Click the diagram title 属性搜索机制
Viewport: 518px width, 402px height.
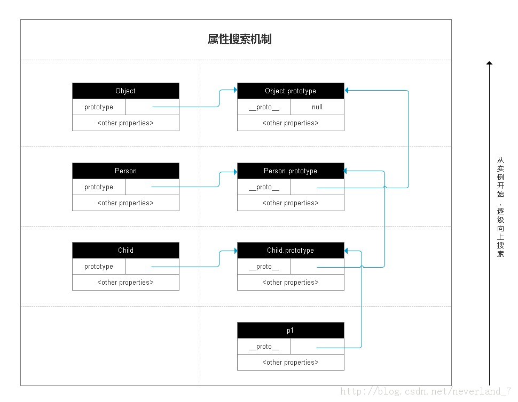pyautogui.click(x=240, y=39)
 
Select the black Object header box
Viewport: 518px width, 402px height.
pyautogui.click(x=125, y=91)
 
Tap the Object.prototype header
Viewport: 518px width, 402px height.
pyautogui.click(x=291, y=91)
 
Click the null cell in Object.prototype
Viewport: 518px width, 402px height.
pyautogui.click(x=317, y=107)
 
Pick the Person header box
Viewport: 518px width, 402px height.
pyautogui.click(x=125, y=171)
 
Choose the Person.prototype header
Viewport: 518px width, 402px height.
pyautogui.click(x=291, y=171)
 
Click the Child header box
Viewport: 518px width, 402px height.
pyautogui.click(x=125, y=250)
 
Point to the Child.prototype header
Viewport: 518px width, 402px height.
pyautogui.click(x=291, y=250)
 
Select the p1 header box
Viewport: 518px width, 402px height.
pyautogui.click(x=291, y=331)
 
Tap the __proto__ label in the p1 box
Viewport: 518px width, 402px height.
pyautogui.click(x=264, y=347)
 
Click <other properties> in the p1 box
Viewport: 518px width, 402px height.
pyautogui.click(x=291, y=363)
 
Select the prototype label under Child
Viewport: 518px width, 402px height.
pyautogui.click(x=99, y=267)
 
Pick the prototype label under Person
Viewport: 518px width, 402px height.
pyautogui.click(x=99, y=187)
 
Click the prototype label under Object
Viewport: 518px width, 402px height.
pyautogui.click(x=99, y=107)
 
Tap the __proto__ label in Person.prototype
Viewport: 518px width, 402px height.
pyautogui.click(x=264, y=187)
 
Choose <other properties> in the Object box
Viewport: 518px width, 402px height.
pyautogui.click(x=125, y=123)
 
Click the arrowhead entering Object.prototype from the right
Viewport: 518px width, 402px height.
pyautogui.click(x=346, y=90)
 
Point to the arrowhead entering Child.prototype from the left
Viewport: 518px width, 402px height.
pyautogui.click(x=236, y=251)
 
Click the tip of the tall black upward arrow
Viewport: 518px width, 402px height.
pyautogui.click(x=490, y=62)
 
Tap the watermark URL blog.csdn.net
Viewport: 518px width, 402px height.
pyautogui.click(x=426, y=391)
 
